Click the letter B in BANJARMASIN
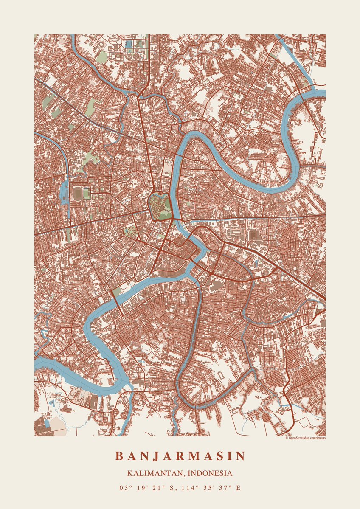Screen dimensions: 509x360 click(x=119, y=456)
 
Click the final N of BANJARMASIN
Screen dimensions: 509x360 click(x=241, y=456)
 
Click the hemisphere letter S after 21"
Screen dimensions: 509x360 click(x=172, y=488)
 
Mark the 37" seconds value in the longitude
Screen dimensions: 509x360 click(x=224, y=488)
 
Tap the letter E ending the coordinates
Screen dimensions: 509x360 click(x=238, y=488)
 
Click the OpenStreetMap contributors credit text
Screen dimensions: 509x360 click(x=305, y=437)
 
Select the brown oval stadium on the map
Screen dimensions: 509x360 click(x=78, y=194)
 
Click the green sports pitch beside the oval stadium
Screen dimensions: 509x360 click(x=87, y=194)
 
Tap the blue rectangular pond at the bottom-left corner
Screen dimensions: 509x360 click(x=47, y=423)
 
